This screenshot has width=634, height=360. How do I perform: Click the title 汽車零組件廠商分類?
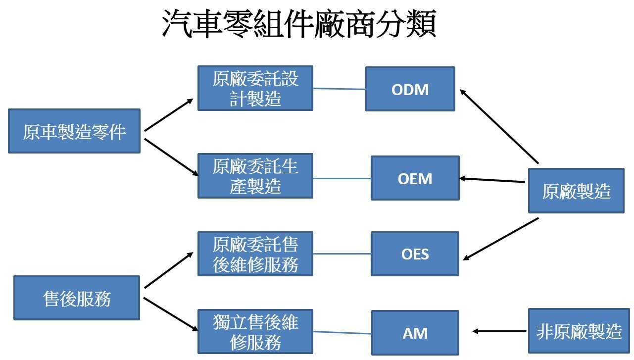click(298, 25)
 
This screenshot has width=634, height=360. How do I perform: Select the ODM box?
click(410, 89)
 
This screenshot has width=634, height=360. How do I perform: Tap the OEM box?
click(415, 178)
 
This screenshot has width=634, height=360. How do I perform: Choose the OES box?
click(415, 254)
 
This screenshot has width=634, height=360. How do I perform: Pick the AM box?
click(415, 333)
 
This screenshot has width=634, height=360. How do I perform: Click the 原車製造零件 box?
click(74, 131)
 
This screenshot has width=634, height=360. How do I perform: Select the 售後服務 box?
click(77, 298)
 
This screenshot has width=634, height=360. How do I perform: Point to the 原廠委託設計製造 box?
click(255, 88)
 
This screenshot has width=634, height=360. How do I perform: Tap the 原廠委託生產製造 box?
click(255, 176)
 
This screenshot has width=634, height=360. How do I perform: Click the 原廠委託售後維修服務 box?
click(255, 254)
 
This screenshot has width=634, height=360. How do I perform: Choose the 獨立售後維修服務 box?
click(255, 332)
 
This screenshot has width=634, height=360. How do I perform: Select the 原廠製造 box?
click(576, 191)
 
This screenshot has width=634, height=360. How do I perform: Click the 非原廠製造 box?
click(579, 331)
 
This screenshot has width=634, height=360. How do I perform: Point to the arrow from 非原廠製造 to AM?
click(500, 331)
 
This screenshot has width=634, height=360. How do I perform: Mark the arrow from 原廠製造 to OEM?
click(492, 180)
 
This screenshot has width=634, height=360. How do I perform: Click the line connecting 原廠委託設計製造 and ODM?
click(339, 89)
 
